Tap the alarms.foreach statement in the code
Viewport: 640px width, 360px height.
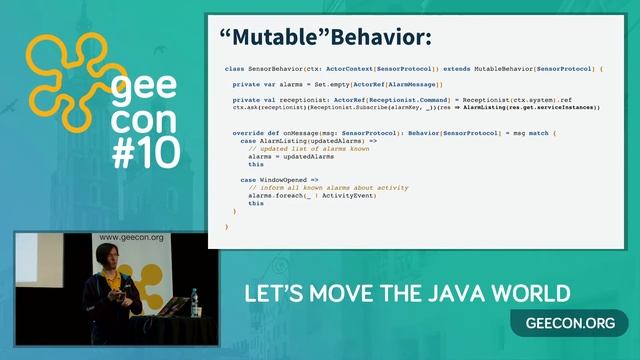297,195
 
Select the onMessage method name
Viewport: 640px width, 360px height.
297,133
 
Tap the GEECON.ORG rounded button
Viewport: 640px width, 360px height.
569,323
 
